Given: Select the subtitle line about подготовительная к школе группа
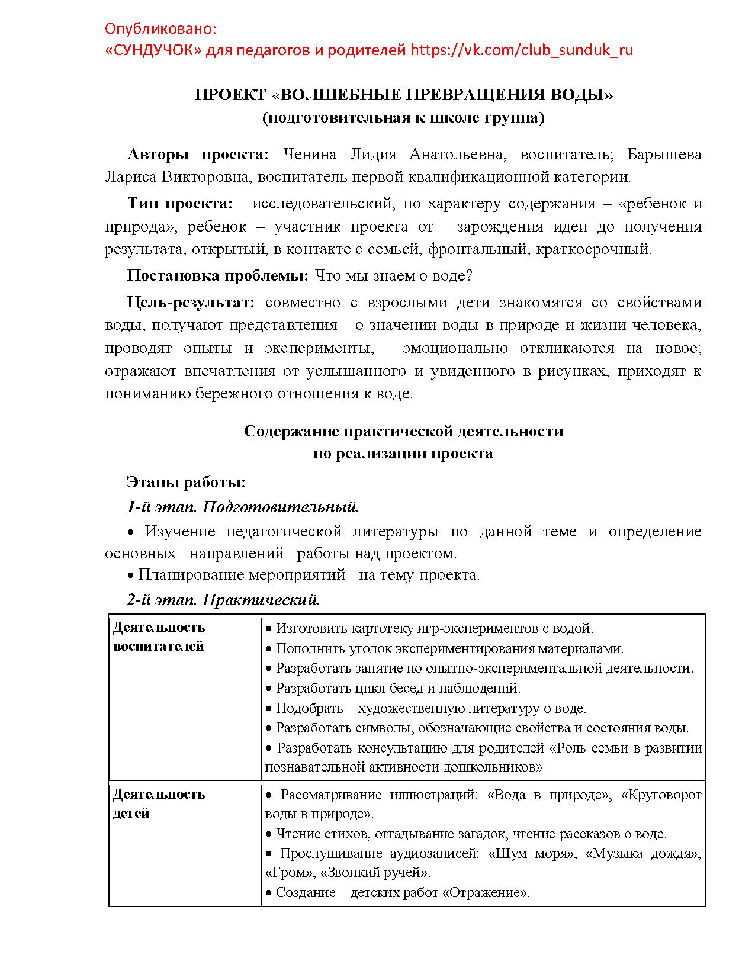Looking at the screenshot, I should tap(403, 117).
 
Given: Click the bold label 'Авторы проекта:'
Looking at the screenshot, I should tap(198, 155).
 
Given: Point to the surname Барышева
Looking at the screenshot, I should tap(664, 155).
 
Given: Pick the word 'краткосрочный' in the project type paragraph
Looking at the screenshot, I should tap(593, 249).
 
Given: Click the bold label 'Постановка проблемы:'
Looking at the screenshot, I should tap(217, 276).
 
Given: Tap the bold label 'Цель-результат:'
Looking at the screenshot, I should tap(191, 303).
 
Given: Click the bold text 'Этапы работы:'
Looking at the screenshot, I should tap(186, 483).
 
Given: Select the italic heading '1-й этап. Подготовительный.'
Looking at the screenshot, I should tap(243, 507).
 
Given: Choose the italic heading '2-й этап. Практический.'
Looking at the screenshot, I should tap(223, 600).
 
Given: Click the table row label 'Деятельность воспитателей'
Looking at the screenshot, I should tap(159, 637).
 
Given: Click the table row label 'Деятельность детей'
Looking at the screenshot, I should tap(159, 804).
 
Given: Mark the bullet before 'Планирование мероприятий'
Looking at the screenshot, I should tap(131, 576).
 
